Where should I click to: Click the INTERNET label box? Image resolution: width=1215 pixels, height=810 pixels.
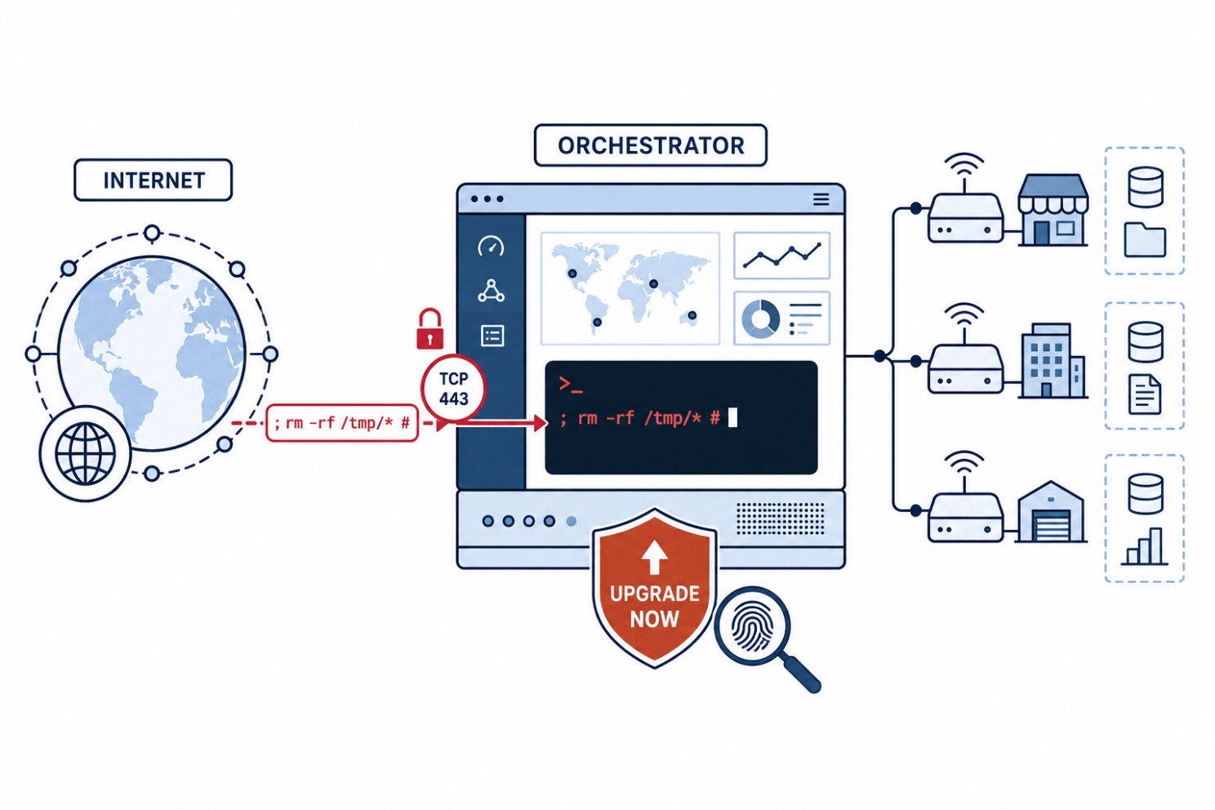[x=153, y=180]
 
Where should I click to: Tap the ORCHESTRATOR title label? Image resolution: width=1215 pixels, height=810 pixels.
[x=650, y=145]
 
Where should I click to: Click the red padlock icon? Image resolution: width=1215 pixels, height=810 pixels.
[x=429, y=329]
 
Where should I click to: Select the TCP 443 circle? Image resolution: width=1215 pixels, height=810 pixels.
[x=453, y=389]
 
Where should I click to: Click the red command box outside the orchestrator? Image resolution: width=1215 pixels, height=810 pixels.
[x=341, y=423]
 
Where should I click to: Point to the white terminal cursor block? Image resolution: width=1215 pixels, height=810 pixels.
[x=732, y=418]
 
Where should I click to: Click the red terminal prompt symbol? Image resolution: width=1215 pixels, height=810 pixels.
[x=570, y=385]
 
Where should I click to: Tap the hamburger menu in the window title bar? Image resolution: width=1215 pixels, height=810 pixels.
[x=821, y=200]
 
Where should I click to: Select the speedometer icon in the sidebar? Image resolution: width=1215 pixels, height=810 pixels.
[x=491, y=246]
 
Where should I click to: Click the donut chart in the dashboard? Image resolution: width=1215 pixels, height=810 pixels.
[x=760, y=319]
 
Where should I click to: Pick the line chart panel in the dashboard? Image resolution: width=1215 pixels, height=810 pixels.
[x=781, y=256]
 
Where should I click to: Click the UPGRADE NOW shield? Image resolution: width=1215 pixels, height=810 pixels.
[x=655, y=588]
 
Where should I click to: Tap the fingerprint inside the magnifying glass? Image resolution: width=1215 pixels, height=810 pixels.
[x=752, y=627]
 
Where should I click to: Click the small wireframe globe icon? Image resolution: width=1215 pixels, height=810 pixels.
[x=85, y=453]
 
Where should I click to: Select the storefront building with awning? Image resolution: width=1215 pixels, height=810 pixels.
[x=1053, y=210]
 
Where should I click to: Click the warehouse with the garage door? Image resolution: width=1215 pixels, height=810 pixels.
[x=1051, y=512]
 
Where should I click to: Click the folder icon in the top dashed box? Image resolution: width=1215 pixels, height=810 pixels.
[x=1145, y=239]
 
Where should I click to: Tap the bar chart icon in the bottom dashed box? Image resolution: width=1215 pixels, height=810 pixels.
[x=1144, y=546]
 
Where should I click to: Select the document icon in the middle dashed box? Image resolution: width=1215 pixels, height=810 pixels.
[x=1145, y=394]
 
